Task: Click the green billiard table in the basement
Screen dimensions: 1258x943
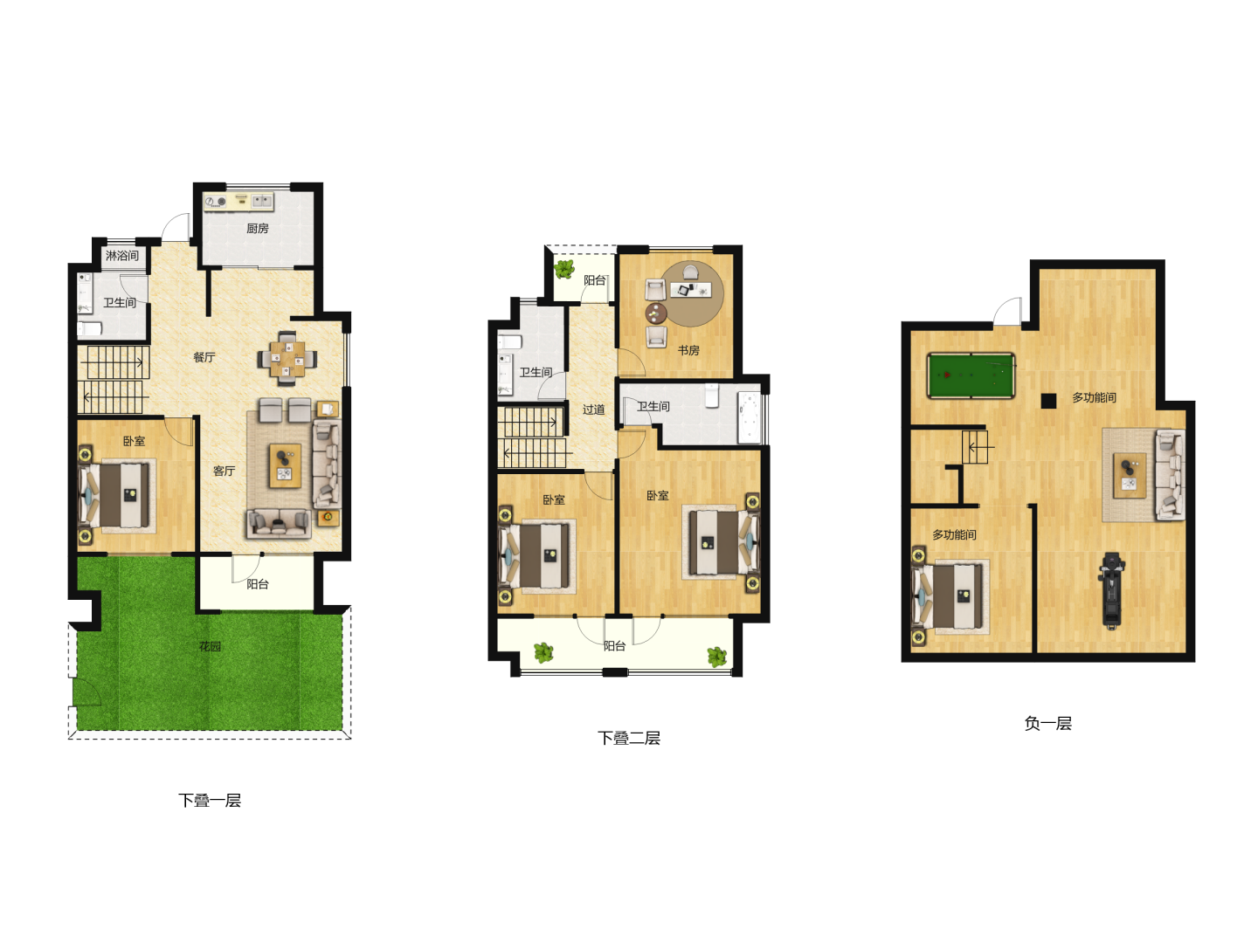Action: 971,375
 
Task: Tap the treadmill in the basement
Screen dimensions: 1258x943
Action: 1111,591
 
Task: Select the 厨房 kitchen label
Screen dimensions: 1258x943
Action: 258,229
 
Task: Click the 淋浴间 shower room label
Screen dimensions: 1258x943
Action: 122,255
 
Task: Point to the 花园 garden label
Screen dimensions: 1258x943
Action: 210,646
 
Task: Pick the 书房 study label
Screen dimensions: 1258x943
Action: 688,350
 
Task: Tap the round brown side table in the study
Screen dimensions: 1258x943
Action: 656,313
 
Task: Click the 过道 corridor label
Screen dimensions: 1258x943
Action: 594,410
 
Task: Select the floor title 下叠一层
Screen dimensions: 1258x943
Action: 210,801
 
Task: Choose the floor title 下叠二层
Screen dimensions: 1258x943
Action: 629,738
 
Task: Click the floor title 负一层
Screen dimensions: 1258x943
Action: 1047,723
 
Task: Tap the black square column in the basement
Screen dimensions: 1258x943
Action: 1048,401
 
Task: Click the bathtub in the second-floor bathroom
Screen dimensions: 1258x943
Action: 749,416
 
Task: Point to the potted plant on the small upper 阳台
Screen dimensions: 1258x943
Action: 564,269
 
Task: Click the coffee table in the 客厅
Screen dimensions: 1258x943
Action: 286,465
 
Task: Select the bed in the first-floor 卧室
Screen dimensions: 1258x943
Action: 117,495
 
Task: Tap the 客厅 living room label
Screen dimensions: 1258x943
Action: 224,471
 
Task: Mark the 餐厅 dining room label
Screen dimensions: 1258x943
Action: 204,357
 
